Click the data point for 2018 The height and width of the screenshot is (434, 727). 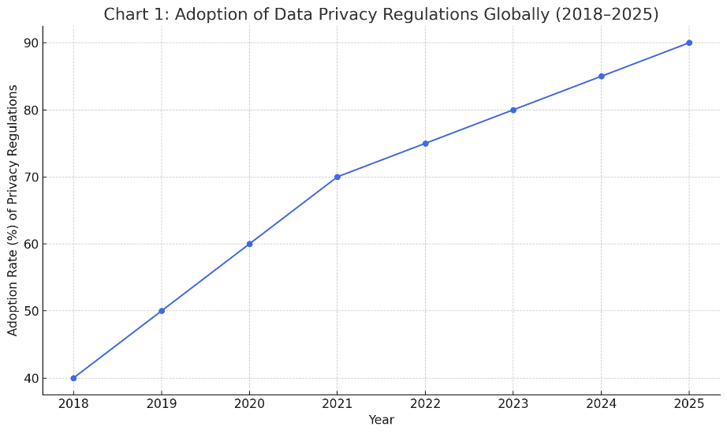pyautogui.click(x=73, y=378)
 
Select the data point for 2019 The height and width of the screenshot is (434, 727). pyautogui.click(x=162, y=311)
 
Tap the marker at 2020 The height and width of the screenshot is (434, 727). pyautogui.click(x=249, y=244)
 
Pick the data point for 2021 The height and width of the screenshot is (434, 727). pyautogui.click(x=337, y=177)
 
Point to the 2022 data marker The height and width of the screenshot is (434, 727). pyautogui.click(x=425, y=144)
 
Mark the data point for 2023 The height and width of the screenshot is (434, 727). pyautogui.click(x=513, y=110)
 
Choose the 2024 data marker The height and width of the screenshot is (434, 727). pyautogui.click(x=602, y=76)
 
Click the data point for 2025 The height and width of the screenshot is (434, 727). pyautogui.click(x=689, y=43)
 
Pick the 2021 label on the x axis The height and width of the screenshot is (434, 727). pyautogui.click(x=337, y=404)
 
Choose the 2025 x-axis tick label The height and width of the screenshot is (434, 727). pyautogui.click(x=689, y=404)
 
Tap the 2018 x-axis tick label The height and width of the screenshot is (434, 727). pyautogui.click(x=73, y=404)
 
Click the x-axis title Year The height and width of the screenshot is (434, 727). pyautogui.click(x=381, y=420)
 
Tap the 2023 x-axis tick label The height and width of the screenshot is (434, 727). pyautogui.click(x=513, y=404)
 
